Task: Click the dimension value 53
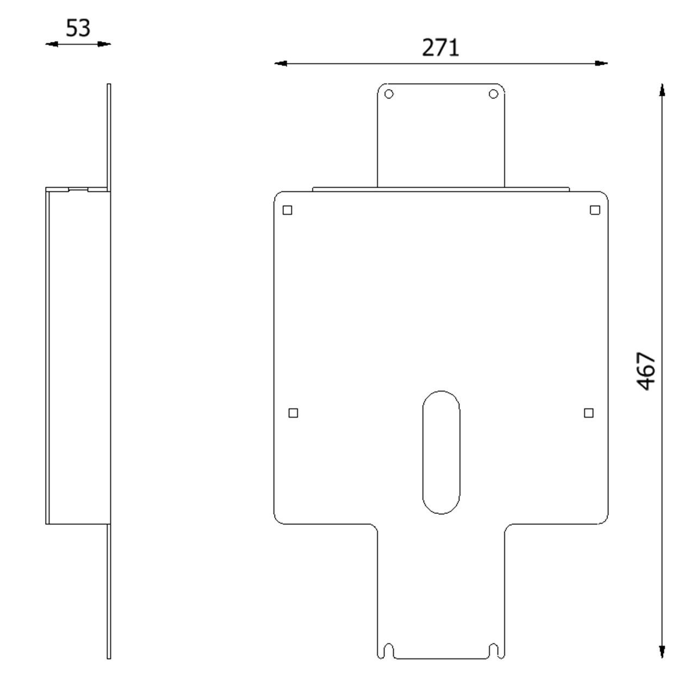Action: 78,28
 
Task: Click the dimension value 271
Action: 440,47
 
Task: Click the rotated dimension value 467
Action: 646,371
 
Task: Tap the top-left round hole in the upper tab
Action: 389,94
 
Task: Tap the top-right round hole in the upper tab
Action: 493,94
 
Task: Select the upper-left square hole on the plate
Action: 287,210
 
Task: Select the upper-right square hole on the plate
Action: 595,210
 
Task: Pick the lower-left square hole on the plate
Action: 293,413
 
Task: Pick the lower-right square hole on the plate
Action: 589,413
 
